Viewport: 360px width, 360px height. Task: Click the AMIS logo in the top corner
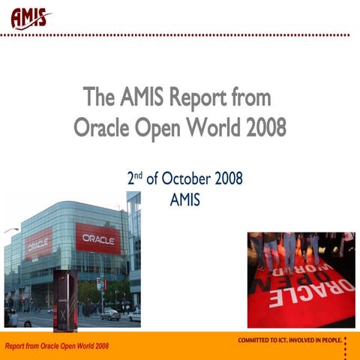coord(31,16)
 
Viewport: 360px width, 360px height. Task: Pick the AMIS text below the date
coord(186,200)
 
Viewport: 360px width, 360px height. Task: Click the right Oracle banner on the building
coord(97,238)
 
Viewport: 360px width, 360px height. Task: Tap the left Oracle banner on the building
coord(38,244)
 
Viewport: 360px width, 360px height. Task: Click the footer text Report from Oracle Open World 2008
coord(57,346)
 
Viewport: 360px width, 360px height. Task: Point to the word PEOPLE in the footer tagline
coord(331,340)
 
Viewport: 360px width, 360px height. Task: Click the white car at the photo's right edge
coord(134,315)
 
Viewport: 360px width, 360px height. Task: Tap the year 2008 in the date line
coord(230,180)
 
